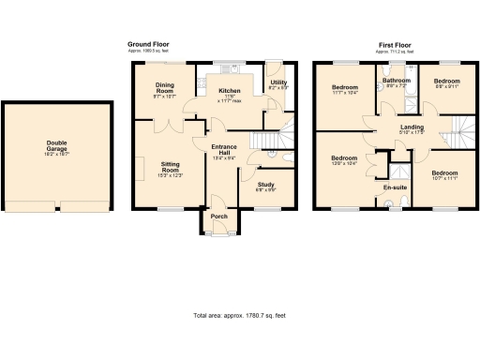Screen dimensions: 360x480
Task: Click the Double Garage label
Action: coord(58,146)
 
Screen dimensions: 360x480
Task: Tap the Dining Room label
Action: coord(166,86)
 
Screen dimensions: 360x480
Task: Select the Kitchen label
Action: coord(229,91)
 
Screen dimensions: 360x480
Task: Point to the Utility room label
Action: coord(278,82)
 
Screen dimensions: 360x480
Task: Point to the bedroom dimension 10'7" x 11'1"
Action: coord(444,178)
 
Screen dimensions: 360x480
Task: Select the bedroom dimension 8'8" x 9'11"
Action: coord(446,87)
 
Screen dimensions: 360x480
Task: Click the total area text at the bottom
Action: coord(239,315)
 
